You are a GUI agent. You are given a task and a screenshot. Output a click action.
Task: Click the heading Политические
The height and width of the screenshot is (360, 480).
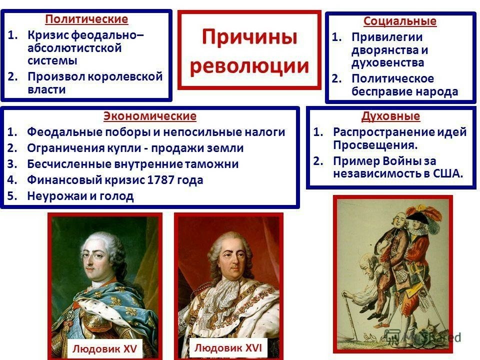coord(86,19)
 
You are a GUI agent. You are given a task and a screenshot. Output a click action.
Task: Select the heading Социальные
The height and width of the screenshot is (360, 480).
coord(400,21)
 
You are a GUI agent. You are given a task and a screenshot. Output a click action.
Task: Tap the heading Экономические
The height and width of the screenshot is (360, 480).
coord(150,116)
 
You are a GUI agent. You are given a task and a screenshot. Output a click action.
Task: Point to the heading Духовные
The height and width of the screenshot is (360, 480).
coord(390,116)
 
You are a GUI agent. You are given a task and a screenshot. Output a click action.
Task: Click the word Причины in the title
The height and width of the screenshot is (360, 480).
coord(249,37)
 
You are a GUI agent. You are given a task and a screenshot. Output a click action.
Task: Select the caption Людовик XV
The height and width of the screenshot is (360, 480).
coord(104,348)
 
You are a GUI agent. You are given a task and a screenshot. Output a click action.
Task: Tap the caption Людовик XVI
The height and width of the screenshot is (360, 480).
coord(228,348)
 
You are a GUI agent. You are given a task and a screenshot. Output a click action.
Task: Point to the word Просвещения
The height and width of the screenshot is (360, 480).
coord(375,145)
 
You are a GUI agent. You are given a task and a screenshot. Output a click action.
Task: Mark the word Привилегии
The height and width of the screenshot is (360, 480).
coord(387,37)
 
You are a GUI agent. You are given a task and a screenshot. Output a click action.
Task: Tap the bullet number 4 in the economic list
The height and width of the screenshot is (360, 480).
coord(12,179)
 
